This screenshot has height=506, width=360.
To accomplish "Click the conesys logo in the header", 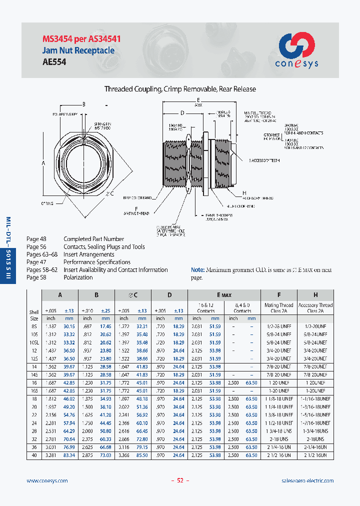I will (x=296, y=50).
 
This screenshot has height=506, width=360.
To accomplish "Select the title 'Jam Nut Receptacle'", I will (x=78, y=50).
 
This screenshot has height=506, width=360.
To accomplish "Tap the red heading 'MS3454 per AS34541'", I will (x=81, y=39).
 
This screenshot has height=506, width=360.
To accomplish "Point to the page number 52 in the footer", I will (x=180, y=480).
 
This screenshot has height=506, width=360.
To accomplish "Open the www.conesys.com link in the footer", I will (x=46, y=480).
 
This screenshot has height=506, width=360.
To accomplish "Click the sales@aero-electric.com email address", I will (x=307, y=480).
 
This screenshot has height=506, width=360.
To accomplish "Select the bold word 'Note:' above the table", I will (x=198, y=270).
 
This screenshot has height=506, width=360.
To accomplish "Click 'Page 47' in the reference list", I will (x=36, y=262).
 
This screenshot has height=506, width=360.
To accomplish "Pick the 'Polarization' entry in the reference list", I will (x=79, y=277).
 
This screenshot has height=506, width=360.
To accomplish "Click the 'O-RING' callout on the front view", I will (x=47, y=203).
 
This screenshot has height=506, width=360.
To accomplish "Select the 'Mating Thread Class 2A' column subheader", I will (x=278, y=308).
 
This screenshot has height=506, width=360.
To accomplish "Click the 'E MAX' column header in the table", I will (x=224, y=295).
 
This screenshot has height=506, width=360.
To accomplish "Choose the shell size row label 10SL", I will (x=33, y=342).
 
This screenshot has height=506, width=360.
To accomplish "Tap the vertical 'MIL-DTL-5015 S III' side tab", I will (x=7, y=250).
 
